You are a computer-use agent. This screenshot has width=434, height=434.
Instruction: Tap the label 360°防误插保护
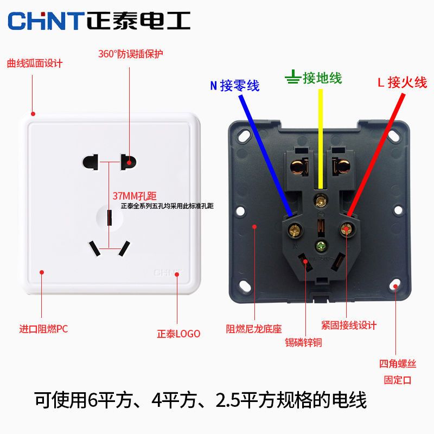(x=131, y=54)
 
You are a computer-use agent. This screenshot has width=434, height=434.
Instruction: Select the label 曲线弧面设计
(x=35, y=63)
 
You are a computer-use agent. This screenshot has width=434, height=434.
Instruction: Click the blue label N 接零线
(x=235, y=85)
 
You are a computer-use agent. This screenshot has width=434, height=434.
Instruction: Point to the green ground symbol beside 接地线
(x=292, y=77)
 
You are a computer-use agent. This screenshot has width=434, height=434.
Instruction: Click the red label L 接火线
(x=402, y=82)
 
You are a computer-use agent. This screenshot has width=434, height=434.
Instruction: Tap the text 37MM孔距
(x=135, y=196)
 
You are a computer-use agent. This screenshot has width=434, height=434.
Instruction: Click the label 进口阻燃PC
(x=43, y=329)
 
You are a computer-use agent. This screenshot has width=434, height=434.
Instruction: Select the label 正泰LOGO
(x=178, y=334)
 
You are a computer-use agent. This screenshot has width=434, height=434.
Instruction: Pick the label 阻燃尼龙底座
(x=254, y=329)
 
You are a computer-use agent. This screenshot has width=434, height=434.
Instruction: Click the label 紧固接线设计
(x=349, y=325)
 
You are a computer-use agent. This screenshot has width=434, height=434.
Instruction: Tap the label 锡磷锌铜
(x=303, y=342)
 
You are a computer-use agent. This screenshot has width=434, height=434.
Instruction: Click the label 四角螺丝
(x=398, y=363)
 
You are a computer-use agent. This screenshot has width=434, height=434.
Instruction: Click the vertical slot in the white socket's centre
(x=110, y=218)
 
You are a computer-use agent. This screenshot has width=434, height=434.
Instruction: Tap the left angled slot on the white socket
(x=94, y=248)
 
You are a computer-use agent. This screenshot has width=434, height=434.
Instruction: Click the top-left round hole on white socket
(x=91, y=162)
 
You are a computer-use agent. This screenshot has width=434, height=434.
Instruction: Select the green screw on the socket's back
(x=321, y=246)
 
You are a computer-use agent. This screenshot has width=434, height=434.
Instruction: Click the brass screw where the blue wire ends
(x=295, y=229)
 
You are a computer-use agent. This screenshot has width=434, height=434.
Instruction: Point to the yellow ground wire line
(x=320, y=139)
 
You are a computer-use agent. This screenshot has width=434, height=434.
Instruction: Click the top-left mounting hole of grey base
(x=244, y=135)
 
